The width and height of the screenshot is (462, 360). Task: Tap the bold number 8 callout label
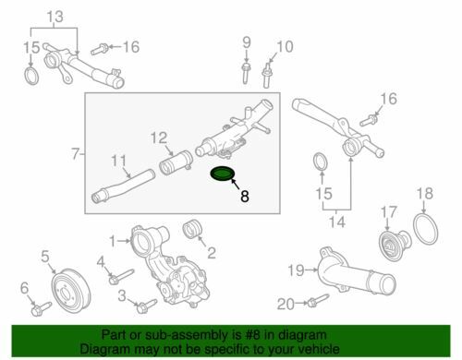pyautogui.click(x=244, y=196)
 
